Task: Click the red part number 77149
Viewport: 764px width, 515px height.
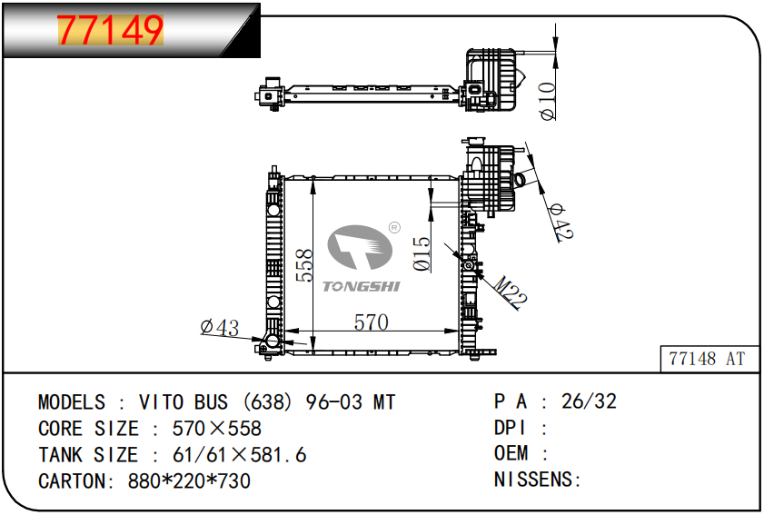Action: coord(110,30)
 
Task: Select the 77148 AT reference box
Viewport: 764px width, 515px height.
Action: coord(709,359)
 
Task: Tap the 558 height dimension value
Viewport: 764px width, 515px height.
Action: coord(304,265)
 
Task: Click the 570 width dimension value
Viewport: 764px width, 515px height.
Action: coord(372,322)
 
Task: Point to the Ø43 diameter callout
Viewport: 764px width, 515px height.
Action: coord(220,327)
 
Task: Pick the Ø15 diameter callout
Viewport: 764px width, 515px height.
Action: coord(422,253)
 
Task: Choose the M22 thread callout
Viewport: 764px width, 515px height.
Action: coord(511,292)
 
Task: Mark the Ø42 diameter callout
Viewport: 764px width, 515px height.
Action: coord(561,223)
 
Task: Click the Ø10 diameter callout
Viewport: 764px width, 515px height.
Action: coord(547,101)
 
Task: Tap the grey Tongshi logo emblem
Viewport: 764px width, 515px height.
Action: coord(360,247)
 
